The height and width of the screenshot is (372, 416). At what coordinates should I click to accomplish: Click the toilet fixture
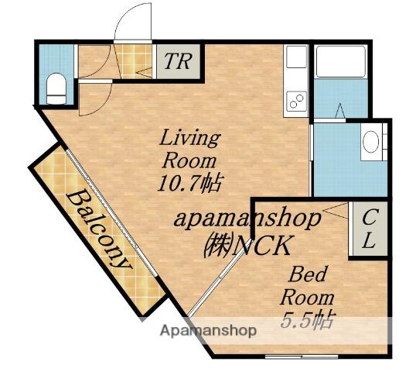pyautogui.click(x=56, y=88)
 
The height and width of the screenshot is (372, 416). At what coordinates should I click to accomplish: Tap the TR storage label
pyautogui.click(x=178, y=61)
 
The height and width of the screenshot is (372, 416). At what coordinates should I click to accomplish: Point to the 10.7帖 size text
pyautogui.click(x=189, y=183)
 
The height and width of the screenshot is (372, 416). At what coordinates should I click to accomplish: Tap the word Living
pyautogui.click(x=190, y=138)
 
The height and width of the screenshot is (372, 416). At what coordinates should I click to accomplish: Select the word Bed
pyautogui.click(x=308, y=274)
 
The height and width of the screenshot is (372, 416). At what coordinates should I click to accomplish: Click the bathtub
pyautogui.click(x=341, y=62)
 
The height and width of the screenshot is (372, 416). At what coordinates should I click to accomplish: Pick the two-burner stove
pyautogui.click(x=296, y=102)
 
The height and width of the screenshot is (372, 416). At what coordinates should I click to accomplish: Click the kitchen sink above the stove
pyautogui.click(x=297, y=57)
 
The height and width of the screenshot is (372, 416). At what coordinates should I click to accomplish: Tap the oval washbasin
pyautogui.click(x=371, y=142)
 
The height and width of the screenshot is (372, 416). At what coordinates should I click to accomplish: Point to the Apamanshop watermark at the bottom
pyautogui.click(x=209, y=331)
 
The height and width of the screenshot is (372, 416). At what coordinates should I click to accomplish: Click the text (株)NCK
pyautogui.click(x=247, y=246)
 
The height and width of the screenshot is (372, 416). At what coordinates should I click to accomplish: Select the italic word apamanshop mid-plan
pyautogui.click(x=247, y=219)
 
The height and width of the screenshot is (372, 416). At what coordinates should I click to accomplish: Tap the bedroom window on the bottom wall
pyautogui.click(x=302, y=356)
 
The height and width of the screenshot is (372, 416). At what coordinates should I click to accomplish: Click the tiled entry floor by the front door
pyautogui.click(x=134, y=61)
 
